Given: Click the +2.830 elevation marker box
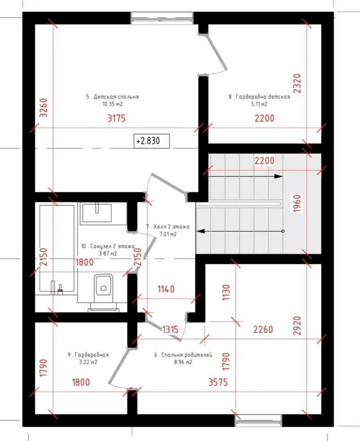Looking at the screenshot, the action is click(x=152, y=141).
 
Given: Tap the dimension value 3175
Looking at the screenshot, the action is click(x=117, y=118).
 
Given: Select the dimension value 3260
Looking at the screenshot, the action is click(x=43, y=108).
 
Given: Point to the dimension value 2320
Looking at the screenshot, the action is click(x=297, y=84).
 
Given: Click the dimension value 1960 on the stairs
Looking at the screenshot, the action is click(x=297, y=203).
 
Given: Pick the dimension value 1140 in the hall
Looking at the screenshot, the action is click(x=166, y=289).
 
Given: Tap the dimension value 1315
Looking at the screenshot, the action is click(x=170, y=330).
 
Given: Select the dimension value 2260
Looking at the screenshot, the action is click(x=263, y=330).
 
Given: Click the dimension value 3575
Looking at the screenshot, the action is click(x=218, y=382).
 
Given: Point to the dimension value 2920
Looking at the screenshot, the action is click(x=297, y=326).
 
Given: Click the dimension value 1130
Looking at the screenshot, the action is click(x=226, y=292).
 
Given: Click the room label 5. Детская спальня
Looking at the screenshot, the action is click(x=112, y=97).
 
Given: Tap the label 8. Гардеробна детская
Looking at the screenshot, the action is click(x=259, y=97).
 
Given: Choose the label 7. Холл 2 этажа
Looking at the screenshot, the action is click(x=168, y=227).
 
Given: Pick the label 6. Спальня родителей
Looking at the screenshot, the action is click(x=183, y=355).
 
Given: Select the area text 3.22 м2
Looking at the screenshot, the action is click(x=88, y=362).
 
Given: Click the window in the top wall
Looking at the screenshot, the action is click(x=162, y=18).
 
